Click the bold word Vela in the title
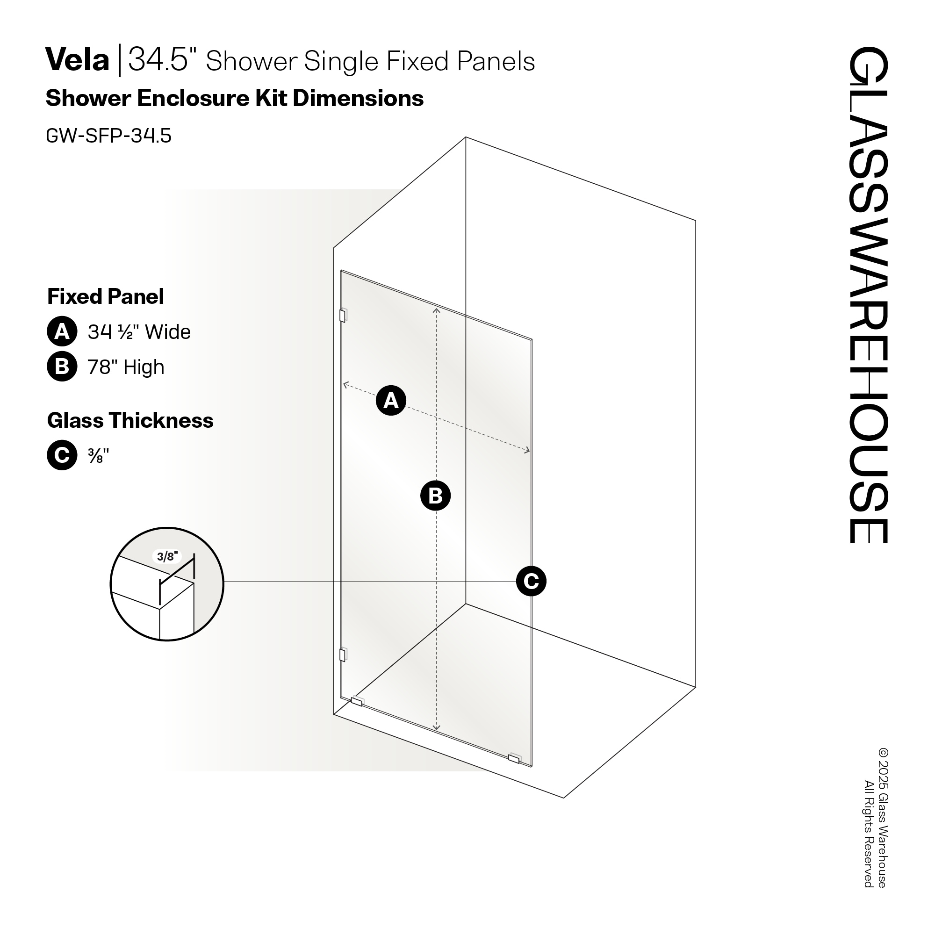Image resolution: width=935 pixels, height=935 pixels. click(78, 60)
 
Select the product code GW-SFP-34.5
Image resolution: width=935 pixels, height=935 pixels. click(108, 136)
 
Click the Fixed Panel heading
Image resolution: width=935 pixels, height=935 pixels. click(106, 296)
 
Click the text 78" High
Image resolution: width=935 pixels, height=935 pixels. click(126, 367)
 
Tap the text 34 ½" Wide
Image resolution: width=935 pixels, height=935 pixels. click(139, 332)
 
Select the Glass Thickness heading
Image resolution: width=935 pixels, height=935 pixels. click(130, 420)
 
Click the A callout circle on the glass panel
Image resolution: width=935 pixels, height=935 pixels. click(390, 400)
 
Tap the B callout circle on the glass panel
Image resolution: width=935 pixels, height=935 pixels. click(435, 496)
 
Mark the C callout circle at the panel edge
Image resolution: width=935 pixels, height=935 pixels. click(531, 581)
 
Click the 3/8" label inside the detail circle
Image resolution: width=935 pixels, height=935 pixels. click(167, 556)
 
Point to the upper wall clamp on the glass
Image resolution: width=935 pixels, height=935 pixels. click(343, 316)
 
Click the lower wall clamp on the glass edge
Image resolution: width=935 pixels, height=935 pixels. click(343, 655)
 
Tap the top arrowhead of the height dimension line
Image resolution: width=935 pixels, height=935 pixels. click(436, 310)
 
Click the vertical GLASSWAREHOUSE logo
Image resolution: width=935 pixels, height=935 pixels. click(868, 295)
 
